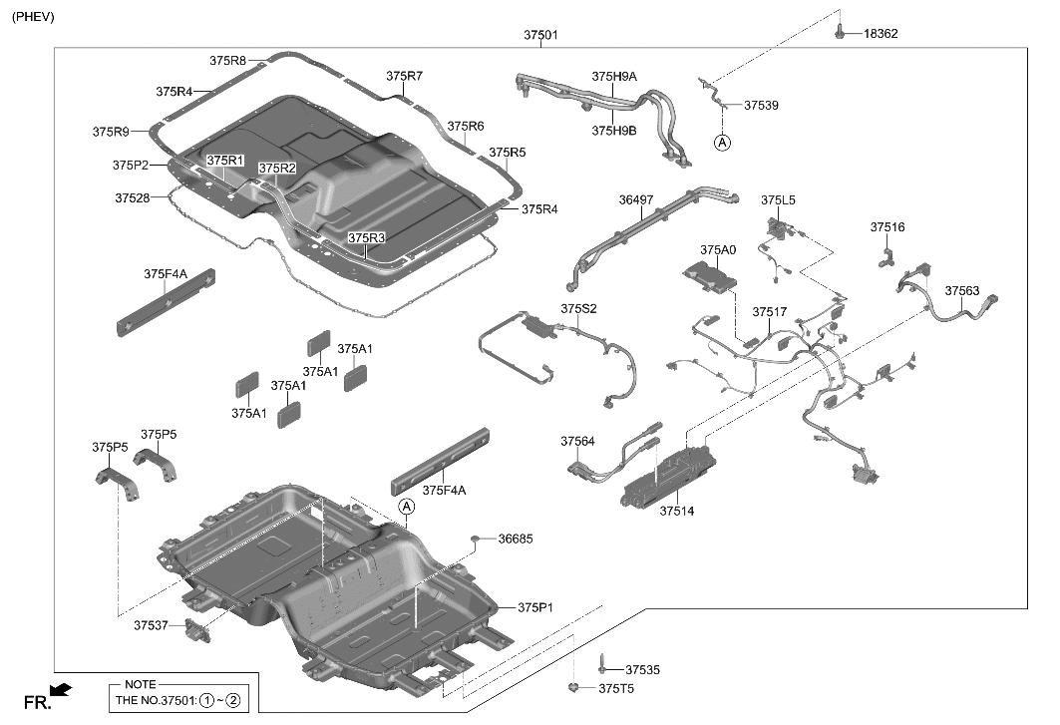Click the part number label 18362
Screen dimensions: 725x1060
881,33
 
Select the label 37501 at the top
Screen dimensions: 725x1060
540,35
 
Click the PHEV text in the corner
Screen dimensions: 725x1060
33,17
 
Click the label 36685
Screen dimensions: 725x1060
516,539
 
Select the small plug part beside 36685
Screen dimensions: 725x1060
477,540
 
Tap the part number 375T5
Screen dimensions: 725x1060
615,689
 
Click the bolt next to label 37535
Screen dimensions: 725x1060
603,667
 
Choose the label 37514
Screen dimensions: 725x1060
675,511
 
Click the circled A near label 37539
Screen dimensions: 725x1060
722,143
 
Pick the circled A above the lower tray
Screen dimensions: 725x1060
406,507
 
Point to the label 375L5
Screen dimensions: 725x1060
778,200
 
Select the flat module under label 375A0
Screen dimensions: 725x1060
711,274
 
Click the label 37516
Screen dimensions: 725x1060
886,227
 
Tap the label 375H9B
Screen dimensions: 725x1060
614,131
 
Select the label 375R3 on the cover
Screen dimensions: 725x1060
366,238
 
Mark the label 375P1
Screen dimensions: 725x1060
534,607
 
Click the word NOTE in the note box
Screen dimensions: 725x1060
140,684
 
